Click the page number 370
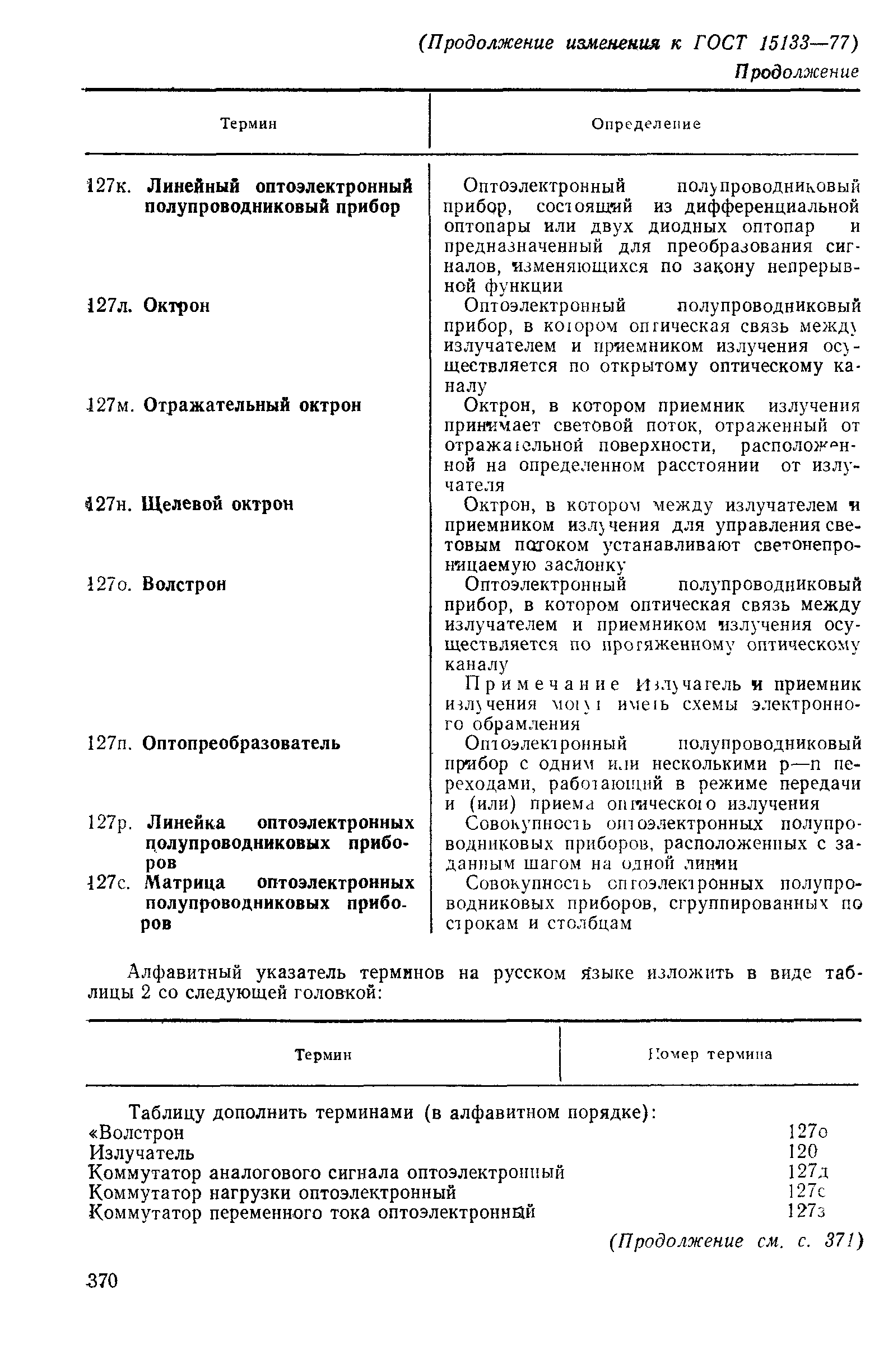102,1281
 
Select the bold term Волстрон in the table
184,584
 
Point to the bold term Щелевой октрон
217,504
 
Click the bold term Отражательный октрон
252,405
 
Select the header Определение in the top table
646,124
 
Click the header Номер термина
710,1055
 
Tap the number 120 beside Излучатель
802,1151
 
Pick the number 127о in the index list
807,1132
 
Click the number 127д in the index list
808,1171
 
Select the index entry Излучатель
142,1152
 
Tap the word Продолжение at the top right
796,72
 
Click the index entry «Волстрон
137,1133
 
